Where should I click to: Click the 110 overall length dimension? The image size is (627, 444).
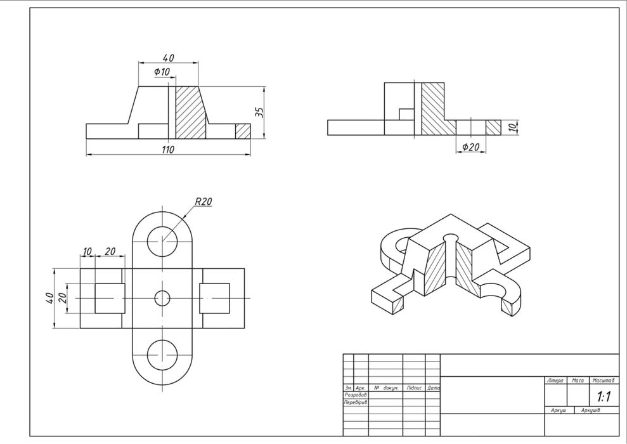coord(167,150)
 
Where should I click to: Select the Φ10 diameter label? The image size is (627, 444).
coord(162,72)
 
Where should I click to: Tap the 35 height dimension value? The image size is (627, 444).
coord(259,112)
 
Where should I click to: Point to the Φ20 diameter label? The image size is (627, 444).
coord(471,147)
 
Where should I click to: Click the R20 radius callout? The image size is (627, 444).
coord(204,202)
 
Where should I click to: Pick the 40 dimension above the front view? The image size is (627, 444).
coord(168,58)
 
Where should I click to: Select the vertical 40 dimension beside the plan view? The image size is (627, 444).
coord(49,298)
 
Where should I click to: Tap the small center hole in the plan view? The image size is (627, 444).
coord(162,297)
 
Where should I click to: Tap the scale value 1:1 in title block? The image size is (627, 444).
coord(604,397)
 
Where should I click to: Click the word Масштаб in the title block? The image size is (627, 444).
coord(604,381)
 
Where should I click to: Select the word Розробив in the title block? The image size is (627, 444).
coord(355,395)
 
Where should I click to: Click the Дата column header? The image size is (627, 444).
coord(434,387)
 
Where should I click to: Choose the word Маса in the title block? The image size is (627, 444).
coord(577,381)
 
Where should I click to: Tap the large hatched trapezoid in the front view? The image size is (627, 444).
coord(190,112)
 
